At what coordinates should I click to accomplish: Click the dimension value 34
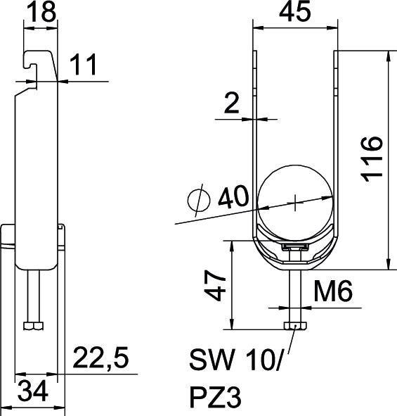(34, 392)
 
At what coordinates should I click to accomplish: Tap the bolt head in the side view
(32, 325)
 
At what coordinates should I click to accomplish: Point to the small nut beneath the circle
(294, 247)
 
